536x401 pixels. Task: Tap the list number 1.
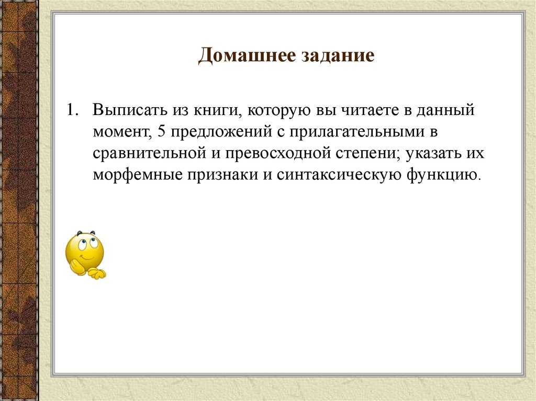71,111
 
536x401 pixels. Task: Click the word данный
448,112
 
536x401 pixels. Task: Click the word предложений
218,133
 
